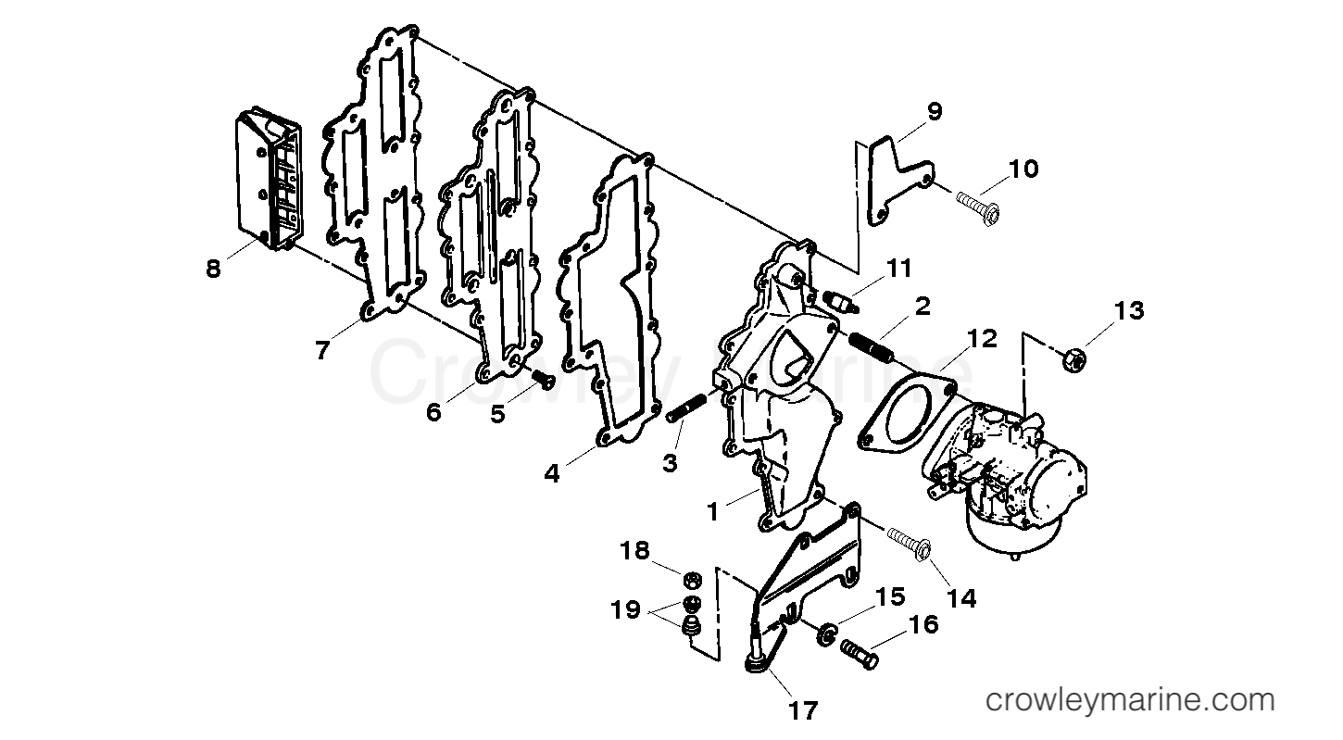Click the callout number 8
point(214,270)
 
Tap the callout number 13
point(1130,310)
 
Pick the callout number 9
point(934,112)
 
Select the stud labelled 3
point(685,408)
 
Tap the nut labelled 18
point(690,581)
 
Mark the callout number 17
point(804,710)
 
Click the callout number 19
point(625,609)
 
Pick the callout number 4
point(552,473)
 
